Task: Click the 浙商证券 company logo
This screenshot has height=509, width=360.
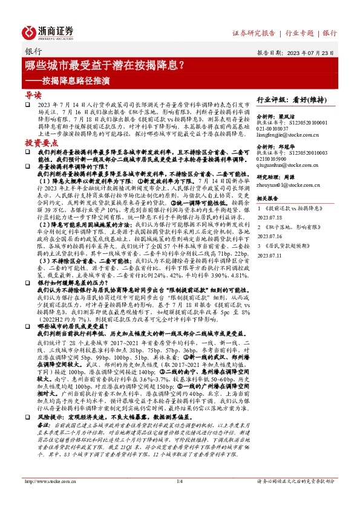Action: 48,32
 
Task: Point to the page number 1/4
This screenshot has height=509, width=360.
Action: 179,498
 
